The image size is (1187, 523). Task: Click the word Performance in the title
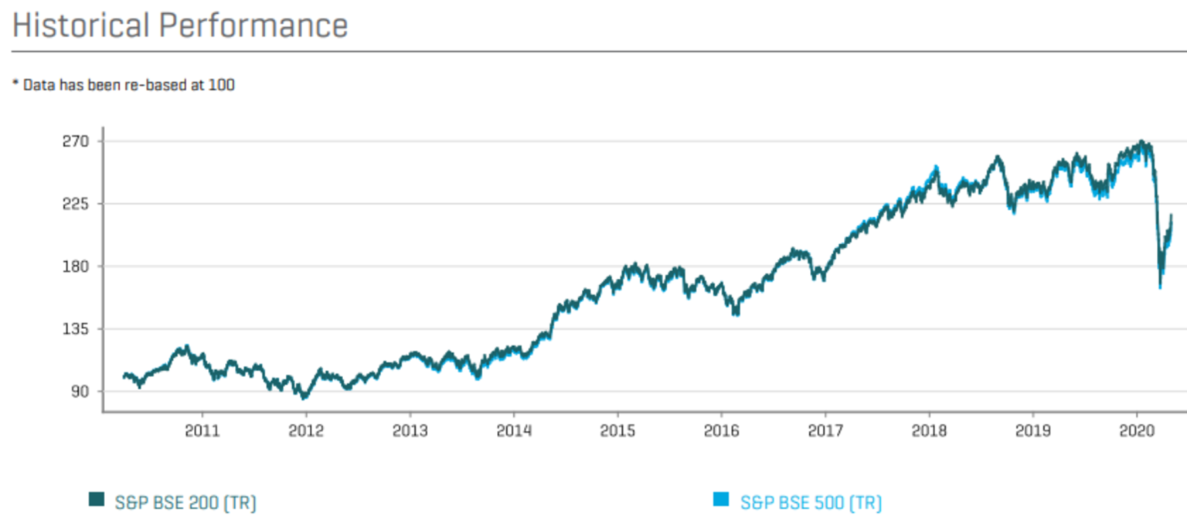pyautogui.click(x=253, y=25)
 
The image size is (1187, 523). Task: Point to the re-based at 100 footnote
pyautogui.click(x=124, y=85)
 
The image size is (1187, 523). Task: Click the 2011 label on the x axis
pyautogui.click(x=202, y=431)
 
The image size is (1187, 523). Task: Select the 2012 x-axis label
pyautogui.click(x=306, y=431)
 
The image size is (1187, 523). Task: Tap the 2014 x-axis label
pyautogui.click(x=514, y=431)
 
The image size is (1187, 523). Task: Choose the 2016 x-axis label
pyautogui.click(x=722, y=431)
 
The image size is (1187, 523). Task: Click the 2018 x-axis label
pyautogui.click(x=930, y=431)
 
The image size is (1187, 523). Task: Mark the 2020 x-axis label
pyautogui.click(x=1137, y=431)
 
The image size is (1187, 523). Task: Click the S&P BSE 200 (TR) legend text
pyautogui.click(x=185, y=503)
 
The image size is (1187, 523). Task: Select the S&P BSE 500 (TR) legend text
pyautogui.click(x=811, y=503)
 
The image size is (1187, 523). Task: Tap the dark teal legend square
pyautogui.click(x=97, y=500)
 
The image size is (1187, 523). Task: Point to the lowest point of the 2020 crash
pyautogui.click(x=1160, y=287)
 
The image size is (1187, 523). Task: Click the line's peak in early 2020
pyautogui.click(x=1141, y=142)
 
